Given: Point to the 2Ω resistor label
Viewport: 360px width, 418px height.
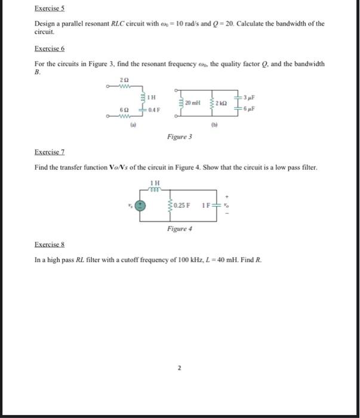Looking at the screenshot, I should point(123,79).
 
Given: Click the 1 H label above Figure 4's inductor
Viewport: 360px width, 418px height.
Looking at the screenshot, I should point(155,183).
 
